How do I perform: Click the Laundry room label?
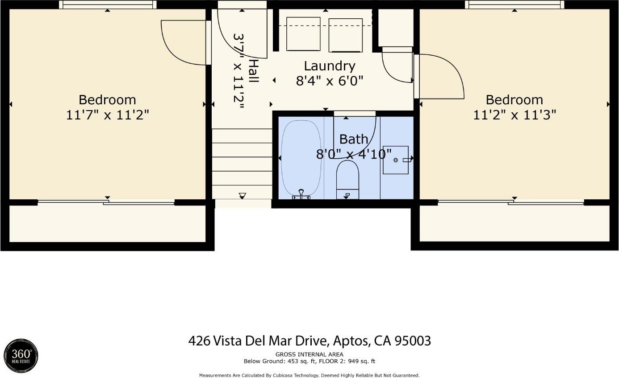click(x=330, y=66)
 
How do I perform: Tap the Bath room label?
click(x=353, y=139)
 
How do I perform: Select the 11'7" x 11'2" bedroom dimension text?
click(x=108, y=115)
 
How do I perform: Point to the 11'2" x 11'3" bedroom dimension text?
click(x=514, y=115)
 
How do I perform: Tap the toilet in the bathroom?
click(x=347, y=180)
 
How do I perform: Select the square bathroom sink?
click(x=395, y=160)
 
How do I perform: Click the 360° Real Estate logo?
click(x=21, y=356)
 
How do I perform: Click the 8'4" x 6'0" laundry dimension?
click(x=330, y=81)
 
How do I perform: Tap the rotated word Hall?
click(x=253, y=71)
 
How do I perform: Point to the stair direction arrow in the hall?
click(x=243, y=196)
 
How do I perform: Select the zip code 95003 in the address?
click(x=413, y=341)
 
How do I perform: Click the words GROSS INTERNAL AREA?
click(x=309, y=354)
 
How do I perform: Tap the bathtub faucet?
click(x=301, y=194)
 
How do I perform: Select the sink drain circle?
click(x=395, y=160)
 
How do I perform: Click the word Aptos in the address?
click(x=351, y=341)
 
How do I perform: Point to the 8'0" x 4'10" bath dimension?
click(x=354, y=154)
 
